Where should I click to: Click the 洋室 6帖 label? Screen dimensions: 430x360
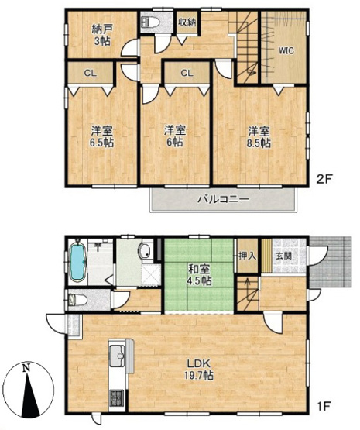(173, 136)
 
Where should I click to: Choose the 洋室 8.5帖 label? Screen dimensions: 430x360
(259, 136)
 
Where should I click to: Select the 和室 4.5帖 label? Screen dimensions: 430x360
(199, 275)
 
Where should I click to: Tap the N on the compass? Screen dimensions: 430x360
(27, 368)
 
